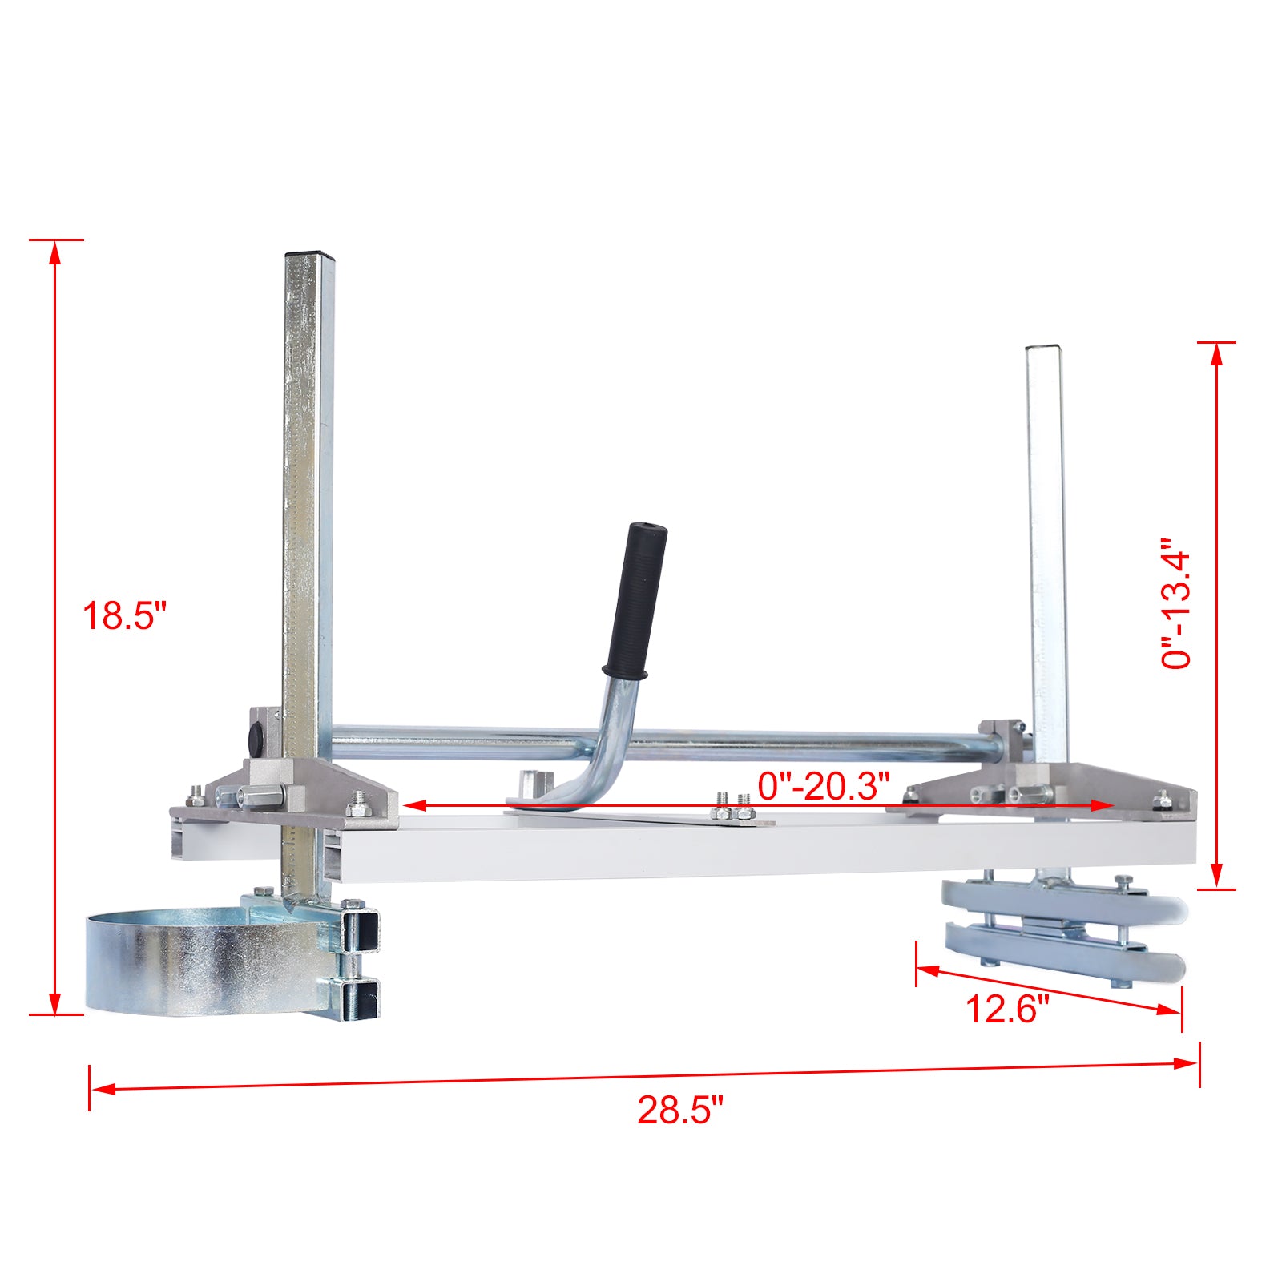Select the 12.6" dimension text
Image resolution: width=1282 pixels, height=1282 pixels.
[x=1006, y=1009]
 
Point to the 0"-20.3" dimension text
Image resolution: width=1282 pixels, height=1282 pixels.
[x=824, y=786]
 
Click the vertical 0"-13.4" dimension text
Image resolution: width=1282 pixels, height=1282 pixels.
[x=1177, y=603]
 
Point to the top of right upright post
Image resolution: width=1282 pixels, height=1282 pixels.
[x=1046, y=349]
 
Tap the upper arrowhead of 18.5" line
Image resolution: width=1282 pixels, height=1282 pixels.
[x=54, y=252]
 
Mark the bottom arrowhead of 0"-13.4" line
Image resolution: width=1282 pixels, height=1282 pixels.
[x=1217, y=875]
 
